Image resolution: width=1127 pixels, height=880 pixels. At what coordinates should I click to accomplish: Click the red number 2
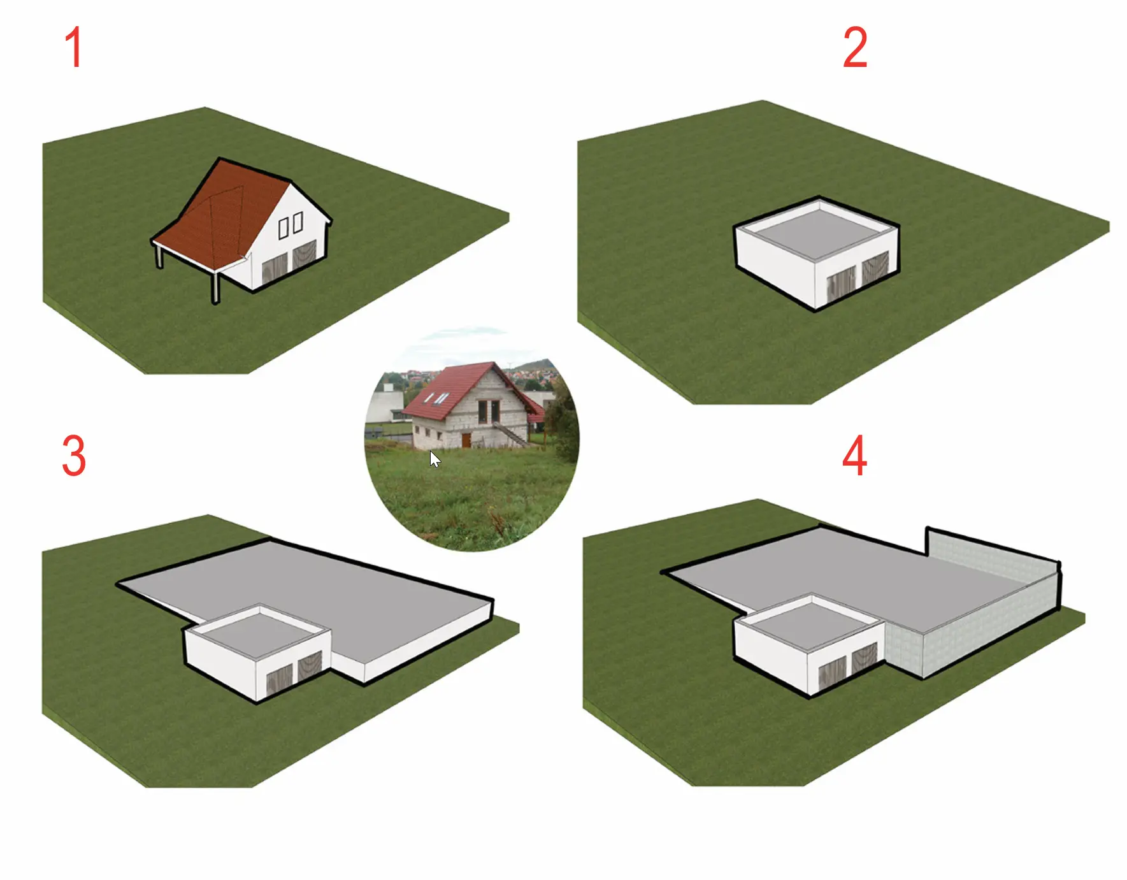pyautogui.click(x=855, y=47)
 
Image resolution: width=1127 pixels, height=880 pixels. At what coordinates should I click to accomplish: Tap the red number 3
pyautogui.click(x=74, y=456)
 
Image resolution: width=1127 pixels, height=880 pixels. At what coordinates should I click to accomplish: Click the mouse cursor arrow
pyautogui.click(x=434, y=459)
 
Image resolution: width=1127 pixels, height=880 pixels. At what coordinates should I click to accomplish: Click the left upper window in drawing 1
pyautogui.click(x=284, y=228)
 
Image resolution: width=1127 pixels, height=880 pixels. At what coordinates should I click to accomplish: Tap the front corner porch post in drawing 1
pyautogui.click(x=215, y=287)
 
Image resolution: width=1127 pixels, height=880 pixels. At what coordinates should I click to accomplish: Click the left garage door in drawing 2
pyautogui.click(x=841, y=284)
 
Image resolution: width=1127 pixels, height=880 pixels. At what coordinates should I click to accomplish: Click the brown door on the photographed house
pyautogui.click(x=466, y=440)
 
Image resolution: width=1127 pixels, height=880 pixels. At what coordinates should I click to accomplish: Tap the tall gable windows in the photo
pyautogui.click(x=488, y=412)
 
